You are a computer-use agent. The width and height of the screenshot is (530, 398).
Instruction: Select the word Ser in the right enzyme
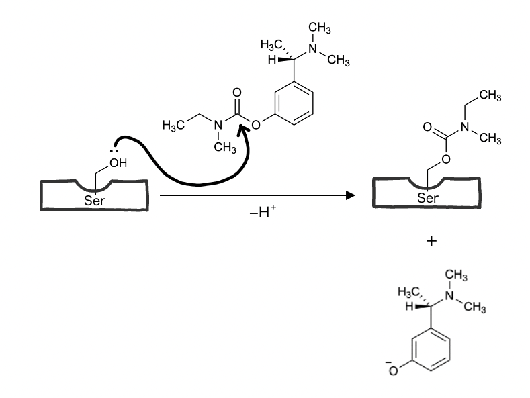point(428,198)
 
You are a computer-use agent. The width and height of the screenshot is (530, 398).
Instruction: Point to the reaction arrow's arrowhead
point(349,195)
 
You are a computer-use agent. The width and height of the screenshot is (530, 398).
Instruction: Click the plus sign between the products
point(431,241)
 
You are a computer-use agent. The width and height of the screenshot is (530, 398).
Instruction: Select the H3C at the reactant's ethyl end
point(173,126)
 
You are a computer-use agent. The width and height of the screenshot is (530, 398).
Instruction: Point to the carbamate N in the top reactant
point(216,126)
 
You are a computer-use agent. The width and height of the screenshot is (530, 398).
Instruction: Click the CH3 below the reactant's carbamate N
point(224,148)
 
